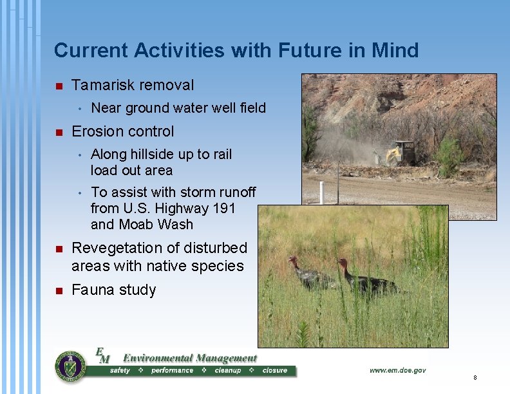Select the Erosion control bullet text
(x=122, y=131)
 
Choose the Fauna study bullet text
(x=113, y=290)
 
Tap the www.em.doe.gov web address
(x=397, y=370)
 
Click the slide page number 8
(x=475, y=377)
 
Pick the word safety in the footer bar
(x=120, y=371)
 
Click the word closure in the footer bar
(x=275, y=371)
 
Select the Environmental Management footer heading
(x=189, y=358)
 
